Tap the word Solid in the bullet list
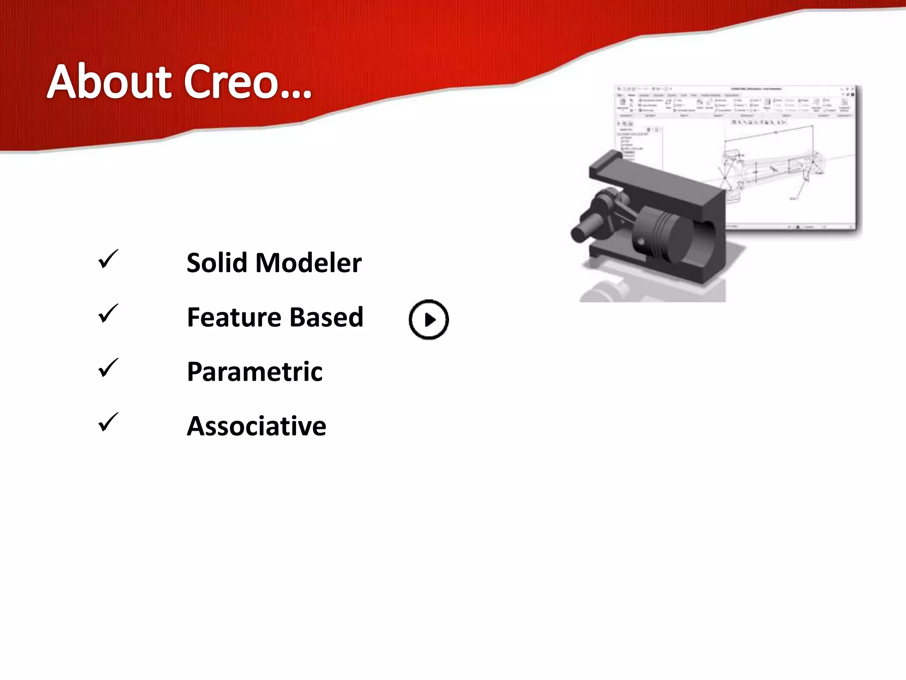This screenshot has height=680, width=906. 217,263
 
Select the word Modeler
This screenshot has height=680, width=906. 309,263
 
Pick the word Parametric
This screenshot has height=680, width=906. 254,371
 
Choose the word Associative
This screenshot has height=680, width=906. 256,426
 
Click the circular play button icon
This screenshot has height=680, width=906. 429,320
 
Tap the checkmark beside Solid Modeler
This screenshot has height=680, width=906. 107,259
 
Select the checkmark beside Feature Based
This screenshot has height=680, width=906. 107,313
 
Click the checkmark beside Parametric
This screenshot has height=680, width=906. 107,368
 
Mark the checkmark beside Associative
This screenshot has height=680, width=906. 107,422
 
